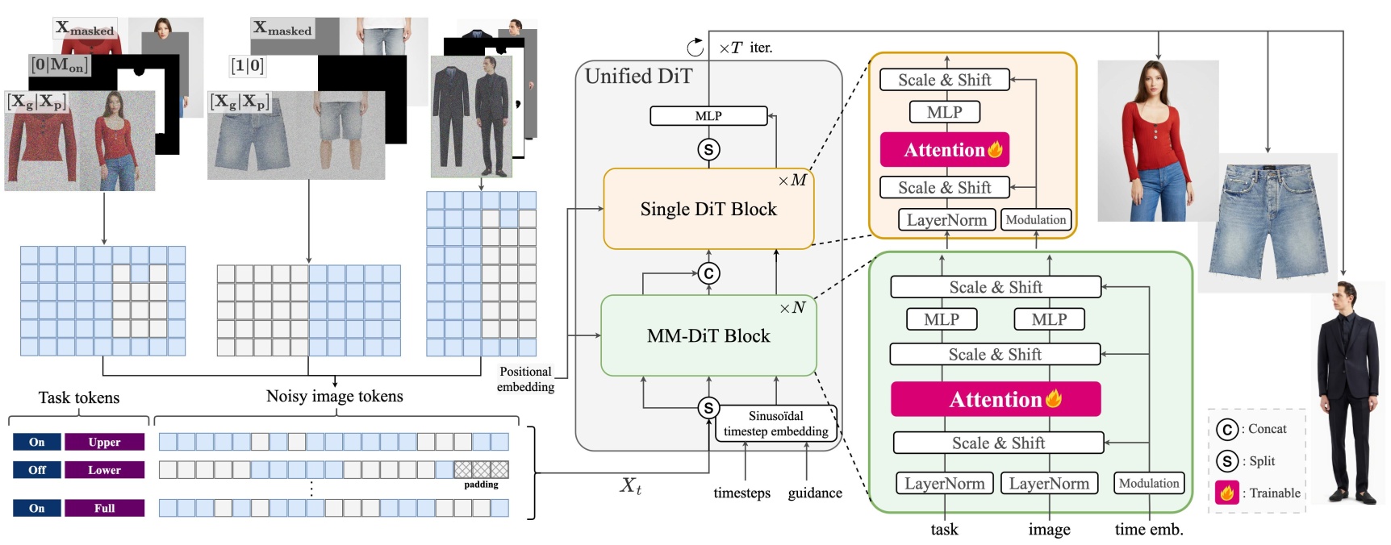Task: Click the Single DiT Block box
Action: click(x=708, y=209)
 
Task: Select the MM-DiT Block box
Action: click(x=708, y=335)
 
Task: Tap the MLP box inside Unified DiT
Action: click(x=708, y=116)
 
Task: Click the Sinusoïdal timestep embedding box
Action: click(x=775, y=423)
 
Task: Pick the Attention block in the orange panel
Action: click(x=944, y=150)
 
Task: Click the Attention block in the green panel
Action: click(x=996, y=399)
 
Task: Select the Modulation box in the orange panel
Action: click(x=1036, y=219)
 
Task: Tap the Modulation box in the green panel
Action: click(x=1149, y=483)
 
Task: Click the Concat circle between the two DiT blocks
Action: click(x=708, y=273)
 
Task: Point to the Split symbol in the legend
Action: click(x=1226, y=461)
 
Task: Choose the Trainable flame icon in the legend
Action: click(x=1226, y=493)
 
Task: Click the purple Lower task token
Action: click(x=104, y=470)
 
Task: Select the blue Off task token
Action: click(x=37, y=470)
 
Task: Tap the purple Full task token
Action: click(x=104, y=508)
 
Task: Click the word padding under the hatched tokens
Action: click(x=481, y=485)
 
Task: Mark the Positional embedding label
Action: click(x=525, y=379)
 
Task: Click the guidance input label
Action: click(x=814, y=493)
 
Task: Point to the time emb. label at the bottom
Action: click(x=1149, y=530)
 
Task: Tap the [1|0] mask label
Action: click(x=247, y=66)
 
